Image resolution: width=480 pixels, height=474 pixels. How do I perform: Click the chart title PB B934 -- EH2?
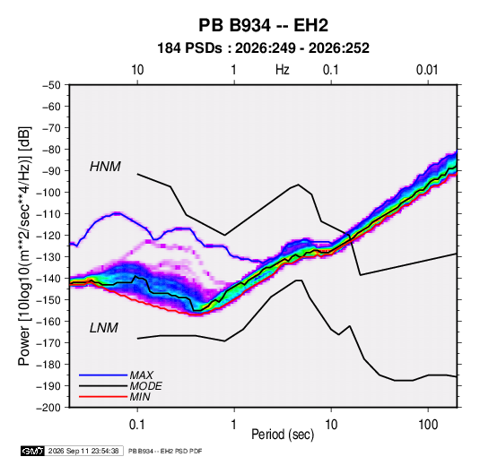(x=263, y=25)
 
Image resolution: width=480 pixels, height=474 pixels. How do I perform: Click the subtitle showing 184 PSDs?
(x=263, y=48)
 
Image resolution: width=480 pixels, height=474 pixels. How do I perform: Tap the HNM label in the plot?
(x=105, y=167)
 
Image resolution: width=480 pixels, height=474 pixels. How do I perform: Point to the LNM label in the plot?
(x=104, y=328)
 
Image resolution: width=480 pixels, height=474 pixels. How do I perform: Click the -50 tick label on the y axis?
(x=51, y=85)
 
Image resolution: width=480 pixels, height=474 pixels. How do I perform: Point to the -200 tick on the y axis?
(x=48, y=408)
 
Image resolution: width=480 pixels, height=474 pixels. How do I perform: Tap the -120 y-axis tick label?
(x=48, y=236)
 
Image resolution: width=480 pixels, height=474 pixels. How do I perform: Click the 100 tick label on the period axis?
(x=428, y=424)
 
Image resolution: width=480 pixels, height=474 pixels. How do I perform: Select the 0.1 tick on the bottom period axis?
(x=137, y=424)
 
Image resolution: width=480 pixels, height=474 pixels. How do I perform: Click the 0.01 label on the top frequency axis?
(x=427, y=70)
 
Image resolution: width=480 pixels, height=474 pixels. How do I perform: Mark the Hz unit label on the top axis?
(x=283, y=70)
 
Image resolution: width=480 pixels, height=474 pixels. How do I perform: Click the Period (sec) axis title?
(x=283, y=435)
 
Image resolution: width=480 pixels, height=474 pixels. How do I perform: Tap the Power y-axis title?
(x=24, y=246)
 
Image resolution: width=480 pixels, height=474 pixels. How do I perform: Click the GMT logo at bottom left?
(x=33, y=451)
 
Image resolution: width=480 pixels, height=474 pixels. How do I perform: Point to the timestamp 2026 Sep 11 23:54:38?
(x=83, y=451)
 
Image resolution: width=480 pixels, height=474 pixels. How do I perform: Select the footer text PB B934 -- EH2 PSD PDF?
(x=165, y=451)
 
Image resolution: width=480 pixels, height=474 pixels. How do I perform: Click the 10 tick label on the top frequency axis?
(x=137, y=70)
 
